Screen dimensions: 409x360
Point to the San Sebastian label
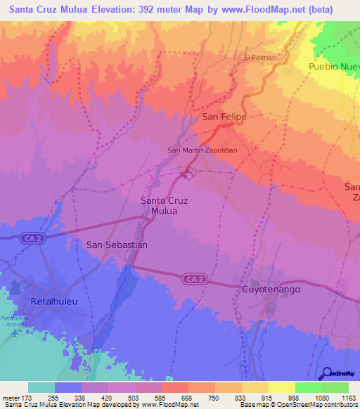tap(117, 245)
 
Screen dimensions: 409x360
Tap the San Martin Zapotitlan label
tap(201, 150)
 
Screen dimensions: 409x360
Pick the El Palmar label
tap(258, 57)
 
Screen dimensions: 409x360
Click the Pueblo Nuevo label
tap(334, 67)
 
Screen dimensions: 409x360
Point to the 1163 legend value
tap(347, 398)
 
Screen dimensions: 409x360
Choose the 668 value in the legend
tap(186, 398)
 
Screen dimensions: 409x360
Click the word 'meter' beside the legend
tap(11, 398)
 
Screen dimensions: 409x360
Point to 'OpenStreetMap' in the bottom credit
tap(297, 405)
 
